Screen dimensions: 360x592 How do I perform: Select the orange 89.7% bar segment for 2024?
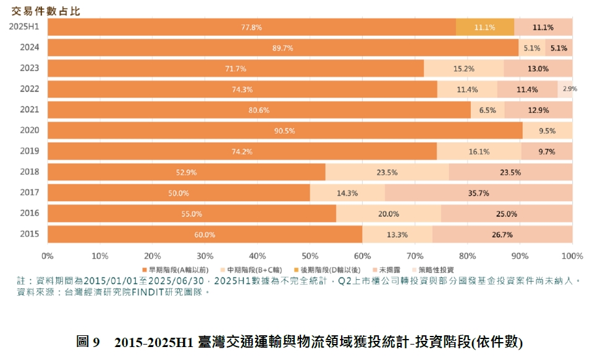(x=282, y=48)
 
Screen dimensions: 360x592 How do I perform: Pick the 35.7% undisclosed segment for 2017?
(x=478, y=193)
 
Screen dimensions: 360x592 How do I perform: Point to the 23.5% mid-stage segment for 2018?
(x=387, y=172)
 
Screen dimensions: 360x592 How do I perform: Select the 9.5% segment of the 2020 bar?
(x=547, y=131)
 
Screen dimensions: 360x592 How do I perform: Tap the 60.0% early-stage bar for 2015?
(x=205, y=235)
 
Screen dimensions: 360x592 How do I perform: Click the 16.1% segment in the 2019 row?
(x=479, y=151)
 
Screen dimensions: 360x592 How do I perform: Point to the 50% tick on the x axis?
(x=310, y=256)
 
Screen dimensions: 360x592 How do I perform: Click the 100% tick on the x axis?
(x=572, y=256)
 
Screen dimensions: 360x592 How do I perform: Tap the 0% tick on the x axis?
(x=48, y=256)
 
